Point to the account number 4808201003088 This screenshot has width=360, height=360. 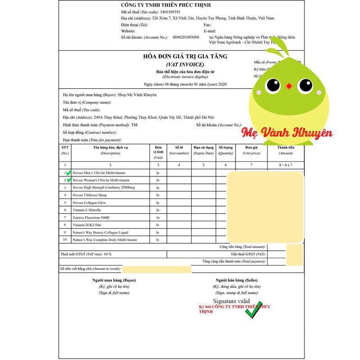(185, 37)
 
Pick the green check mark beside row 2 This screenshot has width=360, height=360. (69, 180)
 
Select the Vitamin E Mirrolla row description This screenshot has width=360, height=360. (87, 210)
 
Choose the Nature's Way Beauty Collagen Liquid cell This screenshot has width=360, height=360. (100, 232)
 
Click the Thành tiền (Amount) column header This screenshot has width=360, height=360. (285, 150)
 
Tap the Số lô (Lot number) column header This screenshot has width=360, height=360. (179, 150)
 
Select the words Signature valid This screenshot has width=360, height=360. (231, 301)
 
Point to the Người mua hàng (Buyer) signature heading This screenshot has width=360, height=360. (114, 280)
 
